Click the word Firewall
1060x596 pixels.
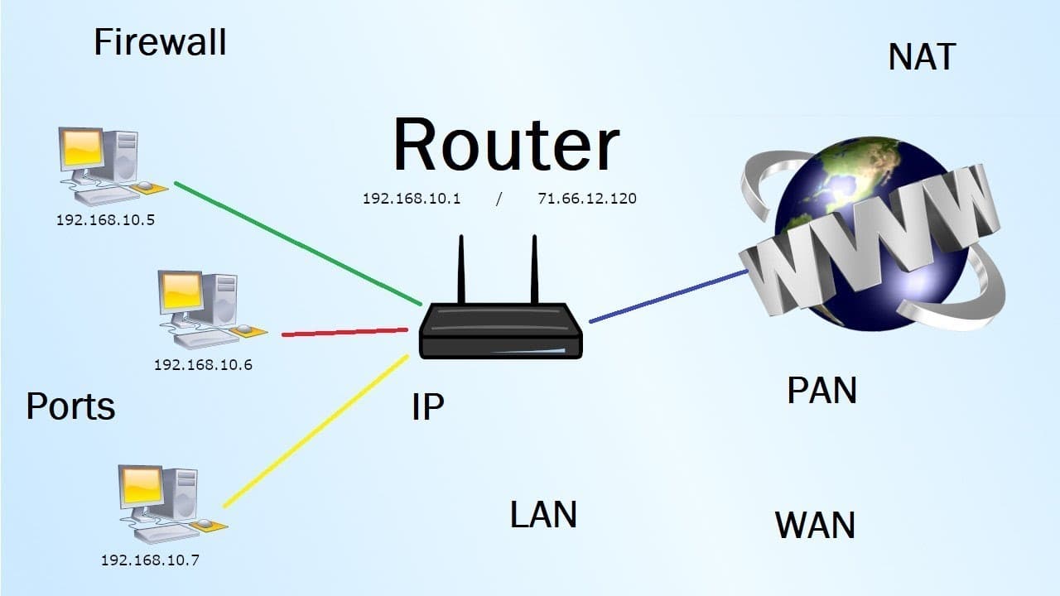[x=160, y=42]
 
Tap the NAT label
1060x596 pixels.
[x=922, y=57]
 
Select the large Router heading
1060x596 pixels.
[x=506, y=146]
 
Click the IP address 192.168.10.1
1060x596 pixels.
[x=412, y=199]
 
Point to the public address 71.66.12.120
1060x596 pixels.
[x=587, y=199]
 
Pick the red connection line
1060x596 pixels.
[x=344, y=332]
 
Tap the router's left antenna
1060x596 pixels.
[x=461, y=269]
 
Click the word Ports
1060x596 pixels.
[x=70, y=406]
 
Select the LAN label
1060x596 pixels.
[x=543, y=514]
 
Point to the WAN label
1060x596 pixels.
[x=815, y=526]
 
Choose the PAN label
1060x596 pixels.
[x=821, y=391]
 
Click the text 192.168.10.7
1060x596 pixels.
[x=150, y=560]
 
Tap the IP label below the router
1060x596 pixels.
[x=427, y=406]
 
